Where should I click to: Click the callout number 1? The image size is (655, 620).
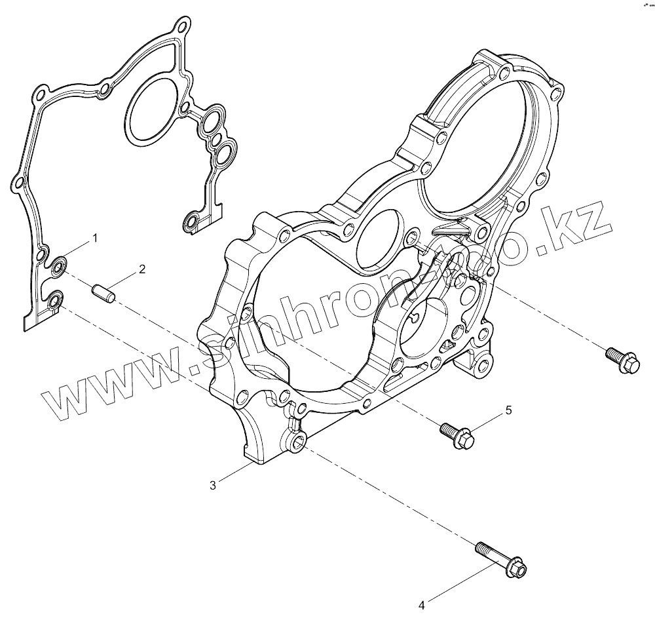[x=95, y=238]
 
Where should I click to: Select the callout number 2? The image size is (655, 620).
[x=141, y=269]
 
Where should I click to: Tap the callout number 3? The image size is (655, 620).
[x=214, y=485]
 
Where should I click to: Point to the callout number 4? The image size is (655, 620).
[x=422, y=604]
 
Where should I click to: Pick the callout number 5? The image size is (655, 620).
[x=508, y=410]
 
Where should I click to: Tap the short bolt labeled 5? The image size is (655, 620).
[x=457, y=434]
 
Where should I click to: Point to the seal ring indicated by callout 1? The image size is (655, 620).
[x=59, y=265]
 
